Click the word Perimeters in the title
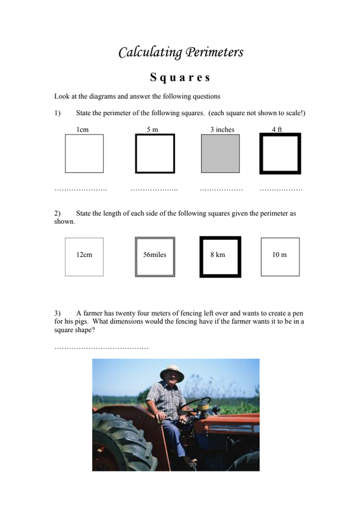pyautogui.click(x=214, y=52)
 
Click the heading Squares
pyautogui.click(x=180, y=78)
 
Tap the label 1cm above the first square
pyautogui.click(x=83, y=130)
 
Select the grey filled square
pyautogui.click(x=221, y=153)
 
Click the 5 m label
pyautogui.click(x=152, y=130)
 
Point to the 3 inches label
pyautogui.click(x=223, y=130)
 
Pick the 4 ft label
pyautogui.click(x=277, y=129)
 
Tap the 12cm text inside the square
pyautogui.click(x=84, y=255)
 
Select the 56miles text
pyautogui.click(x=155, y=255)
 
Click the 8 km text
pyautogui.click(x=218, y=255)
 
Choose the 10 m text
pyautogui.click(x=279, y=255)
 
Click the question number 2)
pyautogui.click(x=57, y=213)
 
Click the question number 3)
pyautogui.click(x=57, y=313)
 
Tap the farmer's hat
pyautogui.click(x=172, y=373)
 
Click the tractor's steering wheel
pyautogui.click(x=194, y=405)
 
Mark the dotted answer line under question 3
pyautogui.click(x=101, y=348)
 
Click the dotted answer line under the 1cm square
pyautogui.click(x=81, y=190)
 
